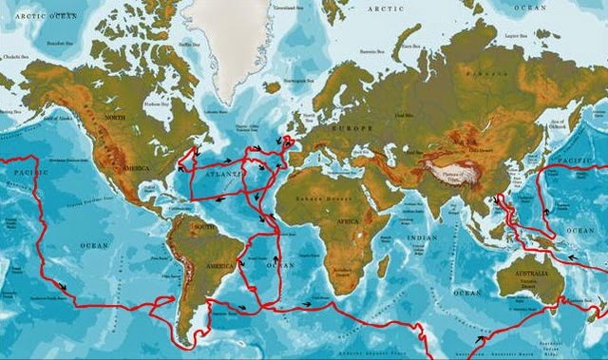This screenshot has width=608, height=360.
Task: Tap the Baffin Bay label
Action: click(189, 44)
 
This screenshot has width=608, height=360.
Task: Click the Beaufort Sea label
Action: click(59, 43)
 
